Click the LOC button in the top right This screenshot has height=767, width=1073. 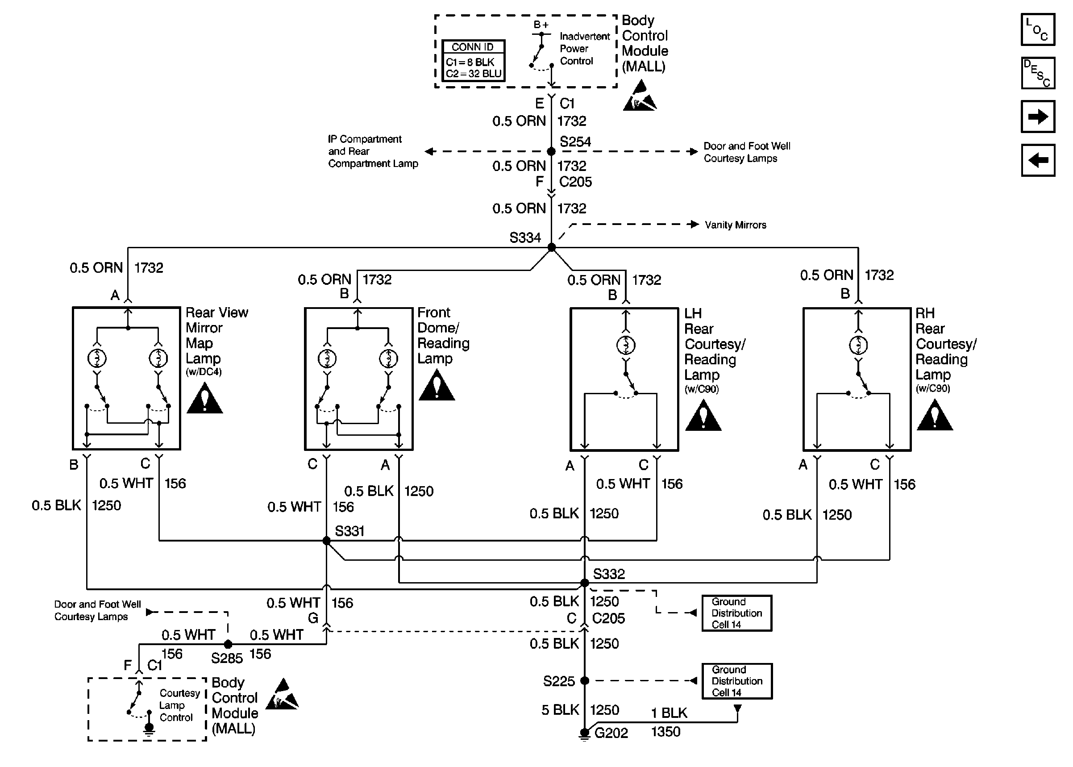(1038, 29)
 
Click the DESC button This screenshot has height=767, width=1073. (1038, 73)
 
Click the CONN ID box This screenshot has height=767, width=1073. (474, 60)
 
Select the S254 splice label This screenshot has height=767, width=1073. (575, 142)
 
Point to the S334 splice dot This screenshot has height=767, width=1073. (551, 247)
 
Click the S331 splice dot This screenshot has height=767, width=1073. (326, 540)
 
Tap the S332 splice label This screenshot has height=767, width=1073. (608, 574)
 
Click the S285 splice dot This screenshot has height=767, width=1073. (228, 644)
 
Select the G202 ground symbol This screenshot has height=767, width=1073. (584, 734)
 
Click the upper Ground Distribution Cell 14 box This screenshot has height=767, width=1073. (736, 613)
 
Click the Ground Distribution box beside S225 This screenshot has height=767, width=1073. (736, 681)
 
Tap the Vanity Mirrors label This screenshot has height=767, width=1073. (736, 225)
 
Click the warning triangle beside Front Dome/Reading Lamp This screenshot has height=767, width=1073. (437, 385)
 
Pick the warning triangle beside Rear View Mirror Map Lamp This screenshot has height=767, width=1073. (204, 398)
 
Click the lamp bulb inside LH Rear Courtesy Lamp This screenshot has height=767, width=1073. (626, 345)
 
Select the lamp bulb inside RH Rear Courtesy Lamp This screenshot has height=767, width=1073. (858, 345)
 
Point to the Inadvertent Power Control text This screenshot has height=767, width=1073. (585, 49)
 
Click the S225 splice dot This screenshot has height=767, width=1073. (584, 680)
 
